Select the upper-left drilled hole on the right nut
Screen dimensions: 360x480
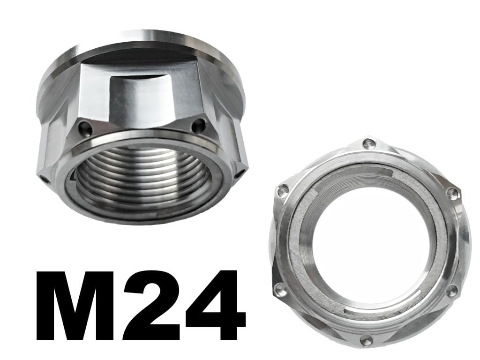click(283, 190)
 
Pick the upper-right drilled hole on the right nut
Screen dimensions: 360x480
click(453, 193)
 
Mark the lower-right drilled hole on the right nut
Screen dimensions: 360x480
click(451, 292)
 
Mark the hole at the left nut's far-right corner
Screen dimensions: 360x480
click(242, 173)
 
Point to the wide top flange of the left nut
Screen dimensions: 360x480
click(141, 45)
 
